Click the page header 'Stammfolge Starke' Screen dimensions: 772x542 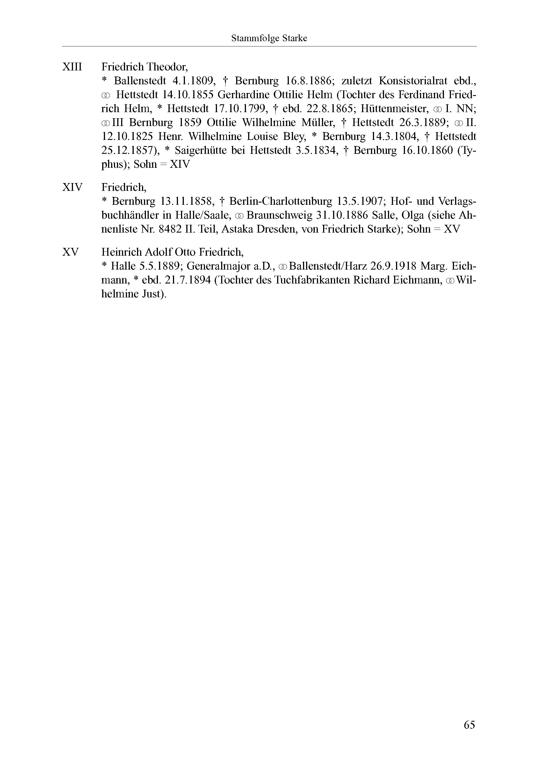[269, 38]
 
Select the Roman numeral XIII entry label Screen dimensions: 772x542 [72, 67]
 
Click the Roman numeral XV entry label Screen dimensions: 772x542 [70, 252]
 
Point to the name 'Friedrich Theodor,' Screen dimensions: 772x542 [145, 67]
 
